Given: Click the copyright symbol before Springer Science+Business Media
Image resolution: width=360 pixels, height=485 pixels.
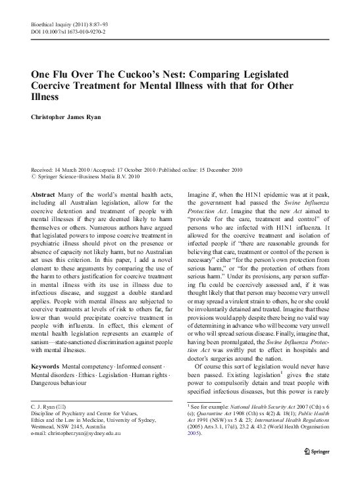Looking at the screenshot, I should pos(34,177).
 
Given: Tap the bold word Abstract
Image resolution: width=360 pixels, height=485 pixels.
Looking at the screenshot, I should pos(43,195).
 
